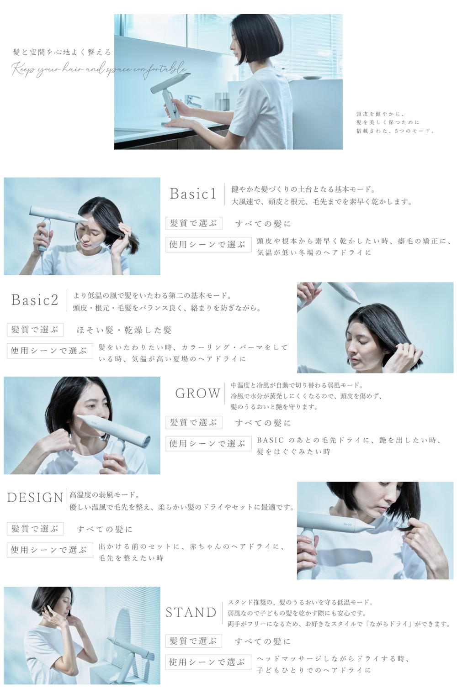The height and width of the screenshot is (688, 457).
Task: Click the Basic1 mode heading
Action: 192,194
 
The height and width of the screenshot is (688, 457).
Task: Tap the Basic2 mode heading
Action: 35,300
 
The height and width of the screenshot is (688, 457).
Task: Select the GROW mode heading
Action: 197,393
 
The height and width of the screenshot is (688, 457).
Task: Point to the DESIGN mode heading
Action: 35,497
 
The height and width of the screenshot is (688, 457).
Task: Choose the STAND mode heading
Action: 191,612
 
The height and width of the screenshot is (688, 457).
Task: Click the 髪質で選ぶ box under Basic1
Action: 194,223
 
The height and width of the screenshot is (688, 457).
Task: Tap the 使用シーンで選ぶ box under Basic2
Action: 50,351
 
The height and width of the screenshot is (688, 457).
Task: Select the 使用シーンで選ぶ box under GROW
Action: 208,443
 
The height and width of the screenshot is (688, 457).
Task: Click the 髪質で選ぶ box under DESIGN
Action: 35,529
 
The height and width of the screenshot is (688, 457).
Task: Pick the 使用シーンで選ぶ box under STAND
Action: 208,662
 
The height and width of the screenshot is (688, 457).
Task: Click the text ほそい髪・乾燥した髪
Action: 124,330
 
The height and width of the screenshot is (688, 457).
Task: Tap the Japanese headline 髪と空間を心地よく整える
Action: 62,53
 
